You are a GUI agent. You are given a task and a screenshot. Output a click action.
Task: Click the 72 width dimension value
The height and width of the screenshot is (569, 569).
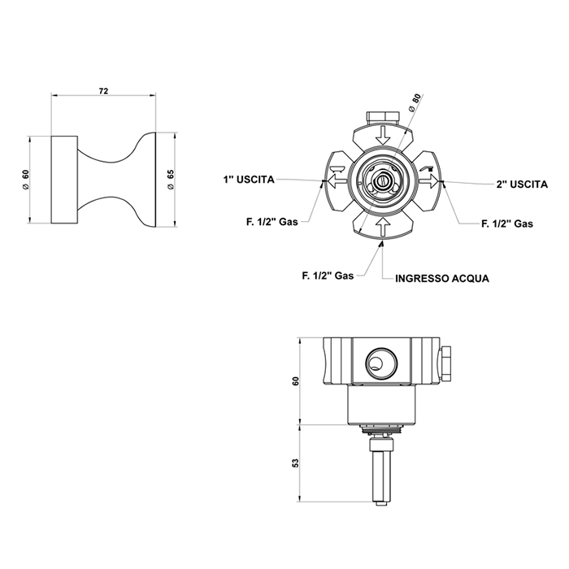point(103,91)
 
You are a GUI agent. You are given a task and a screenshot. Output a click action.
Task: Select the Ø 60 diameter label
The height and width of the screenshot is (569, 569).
point(25,179)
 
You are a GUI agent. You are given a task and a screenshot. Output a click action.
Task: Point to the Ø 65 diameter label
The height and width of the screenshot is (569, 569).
point(171,179)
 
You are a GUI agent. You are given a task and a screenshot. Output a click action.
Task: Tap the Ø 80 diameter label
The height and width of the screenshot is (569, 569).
point(415,102)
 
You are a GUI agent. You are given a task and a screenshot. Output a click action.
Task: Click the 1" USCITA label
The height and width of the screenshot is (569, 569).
point(249,180)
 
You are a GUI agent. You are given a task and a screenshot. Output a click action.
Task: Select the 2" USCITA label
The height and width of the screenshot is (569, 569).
point(522,185)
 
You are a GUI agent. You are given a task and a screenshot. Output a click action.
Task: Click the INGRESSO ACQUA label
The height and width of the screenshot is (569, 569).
point(442,278)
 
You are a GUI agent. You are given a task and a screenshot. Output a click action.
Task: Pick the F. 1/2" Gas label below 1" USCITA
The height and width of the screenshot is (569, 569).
point(272,222)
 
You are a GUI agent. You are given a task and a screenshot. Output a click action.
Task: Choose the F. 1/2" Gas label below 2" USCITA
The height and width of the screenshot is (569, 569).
point(507,224)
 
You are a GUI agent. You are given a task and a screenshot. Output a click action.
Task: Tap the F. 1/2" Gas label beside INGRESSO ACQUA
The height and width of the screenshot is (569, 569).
point(328,276)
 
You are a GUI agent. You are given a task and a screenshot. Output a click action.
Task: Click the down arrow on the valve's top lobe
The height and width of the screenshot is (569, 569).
point(383,135)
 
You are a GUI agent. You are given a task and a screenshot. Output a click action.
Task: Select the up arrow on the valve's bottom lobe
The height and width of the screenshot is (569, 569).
point(383,227)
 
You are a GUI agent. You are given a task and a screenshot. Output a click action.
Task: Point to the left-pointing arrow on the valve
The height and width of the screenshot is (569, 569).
point(337,180)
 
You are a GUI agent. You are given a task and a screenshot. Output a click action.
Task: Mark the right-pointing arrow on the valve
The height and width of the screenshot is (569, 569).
point(428,180)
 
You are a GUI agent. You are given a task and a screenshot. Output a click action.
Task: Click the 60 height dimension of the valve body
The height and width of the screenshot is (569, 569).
point(296,381)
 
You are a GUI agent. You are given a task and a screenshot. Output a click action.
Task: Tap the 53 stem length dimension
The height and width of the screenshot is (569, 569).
point(296,463)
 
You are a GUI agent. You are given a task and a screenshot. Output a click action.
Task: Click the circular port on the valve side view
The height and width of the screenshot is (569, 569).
point(381,362)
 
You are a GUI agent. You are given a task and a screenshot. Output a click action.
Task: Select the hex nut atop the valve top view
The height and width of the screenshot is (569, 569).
point(383,118)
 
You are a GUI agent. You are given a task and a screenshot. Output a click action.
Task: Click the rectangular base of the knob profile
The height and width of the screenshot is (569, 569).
point(64,180)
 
